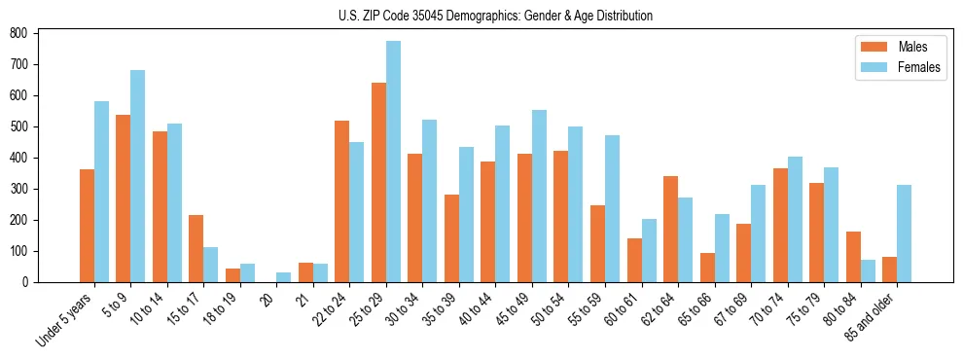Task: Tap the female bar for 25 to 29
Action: (393, 162)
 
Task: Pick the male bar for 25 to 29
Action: (378, 182)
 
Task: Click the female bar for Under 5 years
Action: (101, 192)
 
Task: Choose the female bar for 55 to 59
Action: (612, 208)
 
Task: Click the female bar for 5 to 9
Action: (138, 176)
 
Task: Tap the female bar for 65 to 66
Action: (722, 248)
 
